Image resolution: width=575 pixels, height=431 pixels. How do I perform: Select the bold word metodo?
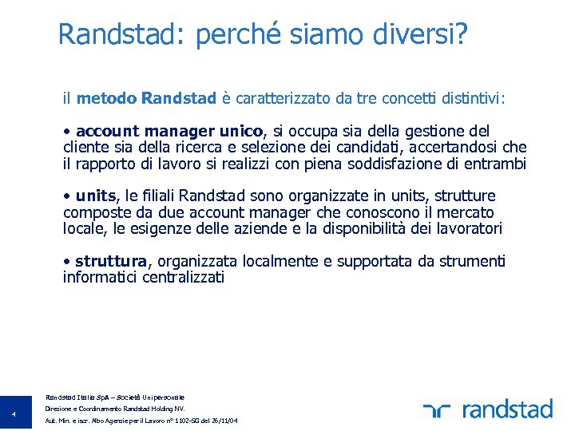[106, 98]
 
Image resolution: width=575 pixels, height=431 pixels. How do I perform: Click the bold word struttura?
[112, 261]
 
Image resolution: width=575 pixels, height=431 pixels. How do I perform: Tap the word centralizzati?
[175, 278]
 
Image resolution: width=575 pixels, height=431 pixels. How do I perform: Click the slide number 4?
[14, 413]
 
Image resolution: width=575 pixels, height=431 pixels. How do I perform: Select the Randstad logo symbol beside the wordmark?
[438, 410]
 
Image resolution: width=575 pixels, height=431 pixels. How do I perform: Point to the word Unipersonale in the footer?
[164, 397]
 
